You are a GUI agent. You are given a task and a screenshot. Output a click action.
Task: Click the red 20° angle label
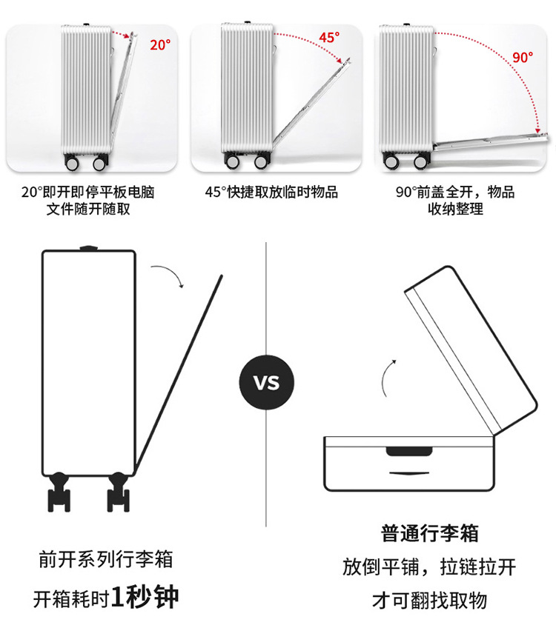(x=159, y=44)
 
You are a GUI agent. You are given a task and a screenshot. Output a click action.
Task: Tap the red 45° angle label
(x=329, y=37)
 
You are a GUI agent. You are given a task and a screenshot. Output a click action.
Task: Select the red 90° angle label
(x=522, y=57)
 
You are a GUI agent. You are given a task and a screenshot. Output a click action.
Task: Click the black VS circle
(x=266, y=383)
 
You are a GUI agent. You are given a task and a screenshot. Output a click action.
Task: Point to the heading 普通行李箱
(x=430, y=532)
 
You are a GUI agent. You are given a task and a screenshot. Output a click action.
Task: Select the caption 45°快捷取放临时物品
(x=271, y=193)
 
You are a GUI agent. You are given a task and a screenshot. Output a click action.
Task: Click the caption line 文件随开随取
(x=88, y=209)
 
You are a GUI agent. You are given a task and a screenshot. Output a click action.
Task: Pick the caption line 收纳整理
(x=455, y=209)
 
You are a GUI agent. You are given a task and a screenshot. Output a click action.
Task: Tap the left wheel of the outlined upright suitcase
(x=59, y=492)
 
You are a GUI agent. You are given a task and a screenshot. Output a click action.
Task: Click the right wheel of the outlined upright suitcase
(x=119, y=492)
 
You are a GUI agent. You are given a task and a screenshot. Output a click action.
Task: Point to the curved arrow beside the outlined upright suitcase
(x=168, y=275)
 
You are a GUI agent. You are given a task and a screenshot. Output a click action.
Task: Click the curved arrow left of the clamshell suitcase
(x=387, y=378)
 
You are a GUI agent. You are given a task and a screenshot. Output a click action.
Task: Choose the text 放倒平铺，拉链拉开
(x=429, y=567)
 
